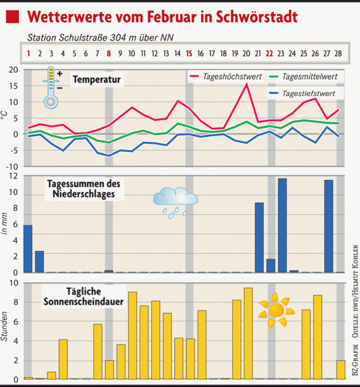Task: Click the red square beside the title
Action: pyautogui.click(x=14, y=17)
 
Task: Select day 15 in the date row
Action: pyautogui.click(x=189, y=53)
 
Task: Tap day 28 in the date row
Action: pyautogui.click(x=338, y=53)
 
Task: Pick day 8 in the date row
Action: pyautogui.click(x=109, y=53)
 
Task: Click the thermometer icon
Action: pyautogui.click(x=51, y=88)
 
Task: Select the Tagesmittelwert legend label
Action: pyautogui.click(x=309, y=77)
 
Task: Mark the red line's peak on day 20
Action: pyautogui.click(x=247, y=84)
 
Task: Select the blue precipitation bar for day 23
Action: pyautogui.click(x=282, y=225)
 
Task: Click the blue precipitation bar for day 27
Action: pyautogui.click(x=329, y=226)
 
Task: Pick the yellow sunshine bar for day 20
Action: pyautogui.click(x=248, y=333)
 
